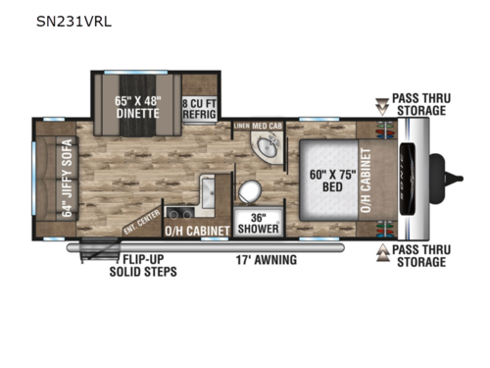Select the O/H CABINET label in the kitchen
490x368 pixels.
click(x=197, y=232)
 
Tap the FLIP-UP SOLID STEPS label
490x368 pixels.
click(x=143, y=265)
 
